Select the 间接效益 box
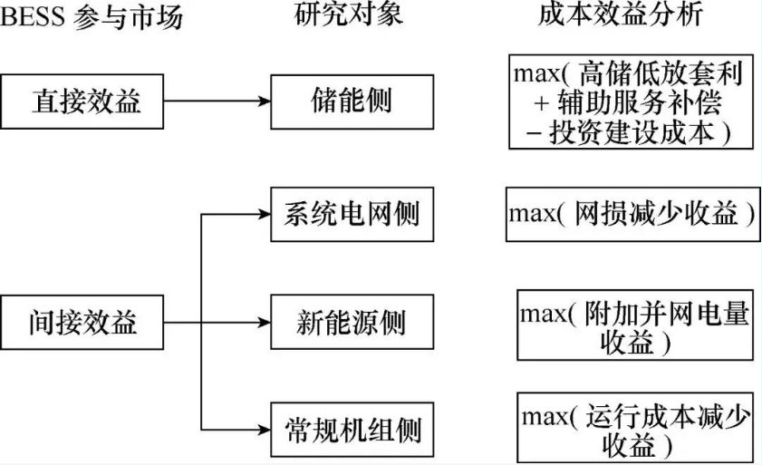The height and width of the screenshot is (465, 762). tap(83, 321)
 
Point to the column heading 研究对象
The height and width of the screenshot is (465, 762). tap(349, 15)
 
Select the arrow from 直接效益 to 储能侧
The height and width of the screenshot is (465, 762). tap(217, 101)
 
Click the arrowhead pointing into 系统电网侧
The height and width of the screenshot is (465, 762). tap(264, 214)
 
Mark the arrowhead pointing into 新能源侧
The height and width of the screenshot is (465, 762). tap(264, 322)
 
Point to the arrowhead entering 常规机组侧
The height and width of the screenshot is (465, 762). tap(264, 428)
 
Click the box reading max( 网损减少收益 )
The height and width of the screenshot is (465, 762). tap(632, 214)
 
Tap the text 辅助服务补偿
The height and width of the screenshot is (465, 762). tap(646, 102)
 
